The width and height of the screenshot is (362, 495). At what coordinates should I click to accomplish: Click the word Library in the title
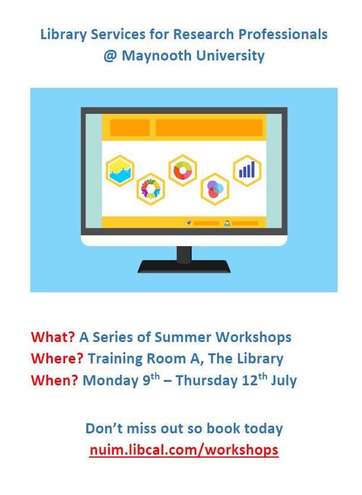coord(63,34)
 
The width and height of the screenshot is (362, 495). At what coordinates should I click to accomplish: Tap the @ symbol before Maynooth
coord(110,56)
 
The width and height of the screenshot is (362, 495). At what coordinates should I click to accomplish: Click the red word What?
coord(53,337)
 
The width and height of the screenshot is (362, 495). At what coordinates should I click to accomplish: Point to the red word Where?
coord(57,358)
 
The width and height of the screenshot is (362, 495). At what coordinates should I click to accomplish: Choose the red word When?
coord(55,380)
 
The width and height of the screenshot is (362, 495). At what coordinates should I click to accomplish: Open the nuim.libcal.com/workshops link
coord(184,449)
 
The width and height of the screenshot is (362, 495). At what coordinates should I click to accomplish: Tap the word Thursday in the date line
coord(206,380)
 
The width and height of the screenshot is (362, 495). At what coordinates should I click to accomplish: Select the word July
coord(284,380)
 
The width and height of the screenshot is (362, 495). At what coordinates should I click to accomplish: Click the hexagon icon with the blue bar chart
coord(247,171)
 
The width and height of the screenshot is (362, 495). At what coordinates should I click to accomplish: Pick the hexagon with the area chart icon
coord(120,171)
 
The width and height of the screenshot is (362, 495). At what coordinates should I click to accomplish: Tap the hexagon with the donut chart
coord(183,170)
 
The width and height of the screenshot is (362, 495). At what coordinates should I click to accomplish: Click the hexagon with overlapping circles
coord(215,189)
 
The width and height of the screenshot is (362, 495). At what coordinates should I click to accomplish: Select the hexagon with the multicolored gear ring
coord(151,189)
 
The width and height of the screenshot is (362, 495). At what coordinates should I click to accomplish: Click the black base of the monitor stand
coord(184,266)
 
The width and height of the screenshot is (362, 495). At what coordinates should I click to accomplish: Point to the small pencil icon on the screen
coord(189,223)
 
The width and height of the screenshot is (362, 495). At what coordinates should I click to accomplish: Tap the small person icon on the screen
coord(227,223)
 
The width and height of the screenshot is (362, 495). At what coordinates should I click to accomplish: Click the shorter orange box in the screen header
coord(130,127)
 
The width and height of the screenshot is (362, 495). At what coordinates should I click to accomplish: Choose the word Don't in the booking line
coord(104,429)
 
